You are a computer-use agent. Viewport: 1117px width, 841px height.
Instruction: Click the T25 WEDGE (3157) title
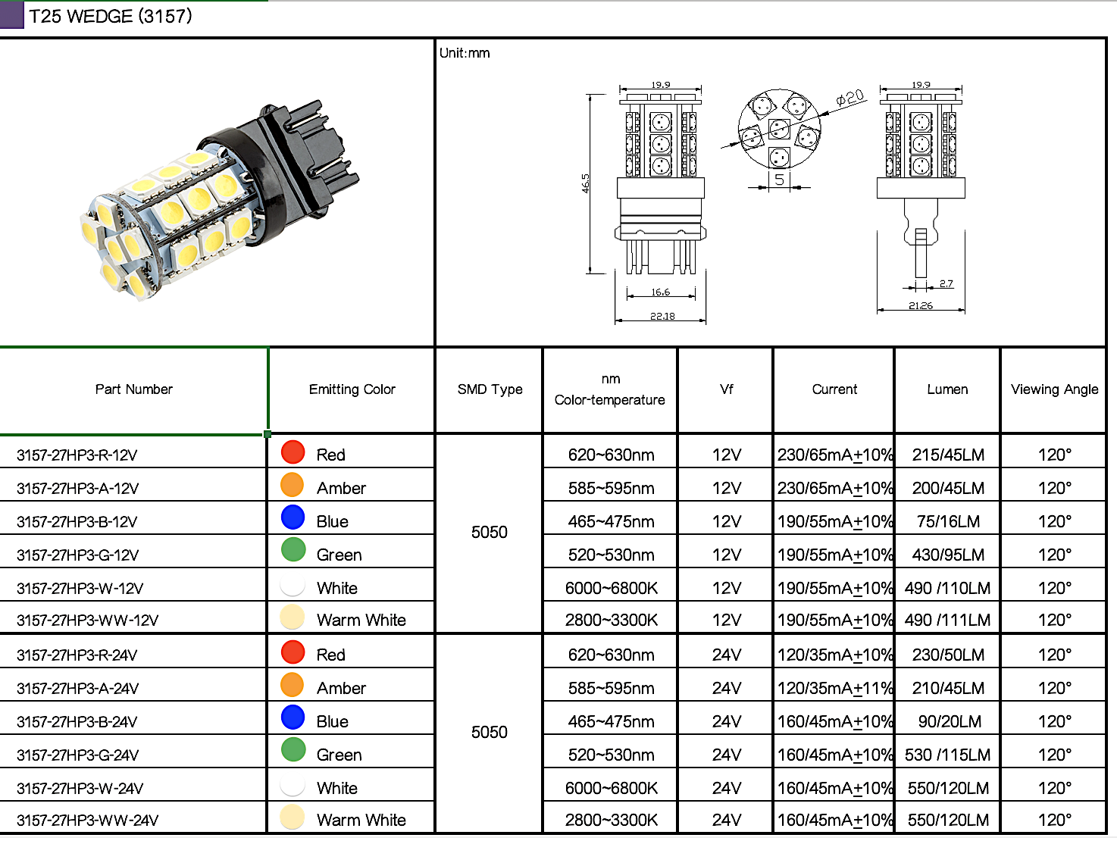[111, 16]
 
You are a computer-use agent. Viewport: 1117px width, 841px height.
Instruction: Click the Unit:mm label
[465, 53]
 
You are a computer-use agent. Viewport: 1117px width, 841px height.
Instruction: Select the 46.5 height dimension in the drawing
[585, 183]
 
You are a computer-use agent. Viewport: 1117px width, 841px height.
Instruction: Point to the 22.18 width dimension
[662, 316]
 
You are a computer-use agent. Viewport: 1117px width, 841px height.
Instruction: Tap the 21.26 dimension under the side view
[921, 305]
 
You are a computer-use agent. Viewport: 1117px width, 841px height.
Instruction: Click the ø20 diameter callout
[850, 98]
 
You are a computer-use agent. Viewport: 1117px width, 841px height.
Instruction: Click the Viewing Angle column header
[1054, 389]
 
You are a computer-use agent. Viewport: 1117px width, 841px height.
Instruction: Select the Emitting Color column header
[352, 389]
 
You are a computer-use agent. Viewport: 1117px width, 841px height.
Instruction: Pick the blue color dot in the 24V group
[293, 717]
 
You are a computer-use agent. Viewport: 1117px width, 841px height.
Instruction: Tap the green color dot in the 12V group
[293, 549]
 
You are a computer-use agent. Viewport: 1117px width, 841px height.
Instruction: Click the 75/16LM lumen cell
[948, 522]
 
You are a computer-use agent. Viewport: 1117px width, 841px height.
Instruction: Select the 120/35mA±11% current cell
[834, 688]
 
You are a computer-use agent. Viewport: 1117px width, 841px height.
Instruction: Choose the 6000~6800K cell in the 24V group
[611, 788]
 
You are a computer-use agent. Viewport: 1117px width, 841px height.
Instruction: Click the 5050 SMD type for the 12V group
[489, 533]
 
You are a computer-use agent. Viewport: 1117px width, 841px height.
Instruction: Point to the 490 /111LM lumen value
[947, 621]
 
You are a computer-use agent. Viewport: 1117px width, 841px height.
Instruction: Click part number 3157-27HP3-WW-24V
[88, 821]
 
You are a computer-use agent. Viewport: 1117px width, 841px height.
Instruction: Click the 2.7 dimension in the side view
[946, 283]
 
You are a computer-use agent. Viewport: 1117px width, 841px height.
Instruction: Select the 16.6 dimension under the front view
[660, 292]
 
